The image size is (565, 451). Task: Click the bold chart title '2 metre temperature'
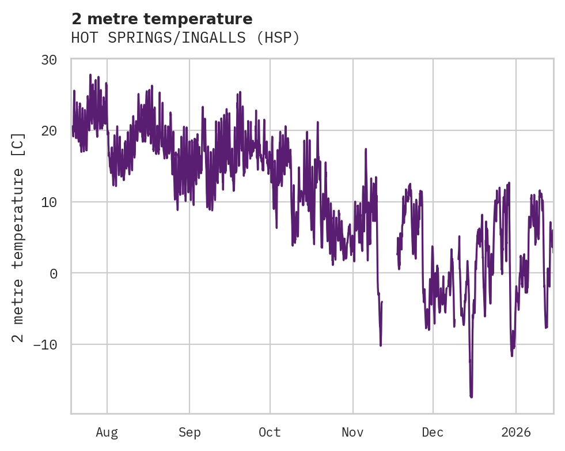click(162, 19)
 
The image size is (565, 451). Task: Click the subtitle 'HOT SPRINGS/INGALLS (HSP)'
click(185, 38)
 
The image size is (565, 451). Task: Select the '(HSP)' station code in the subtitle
click(279, 38)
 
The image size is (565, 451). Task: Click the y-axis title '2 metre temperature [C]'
click(18, 236)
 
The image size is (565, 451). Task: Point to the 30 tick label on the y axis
click(49, 60)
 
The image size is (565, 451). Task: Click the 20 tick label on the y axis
click(49, 131)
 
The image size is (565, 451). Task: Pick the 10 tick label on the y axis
click(49, 202)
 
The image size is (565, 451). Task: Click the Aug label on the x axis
click(107, 433)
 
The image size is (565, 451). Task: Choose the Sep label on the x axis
click(189, 433)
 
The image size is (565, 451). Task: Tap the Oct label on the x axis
click(270, 433)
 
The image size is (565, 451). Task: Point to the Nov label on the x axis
click(352, 433)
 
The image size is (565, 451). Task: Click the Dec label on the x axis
click(433, 433)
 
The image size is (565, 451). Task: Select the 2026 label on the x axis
click(516, 433)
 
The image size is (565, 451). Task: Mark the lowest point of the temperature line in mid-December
click(471, 397)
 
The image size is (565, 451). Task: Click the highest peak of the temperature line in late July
click(90, 74)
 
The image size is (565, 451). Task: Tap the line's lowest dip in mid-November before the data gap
click(381, 345)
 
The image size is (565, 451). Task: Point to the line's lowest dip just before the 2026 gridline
click(511, 355)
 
